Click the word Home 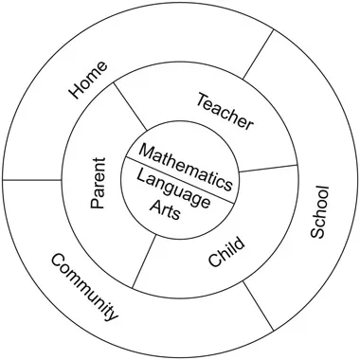(x=89, y=80)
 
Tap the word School (x=319, y=211)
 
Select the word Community (x=84, y=287)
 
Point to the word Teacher (x=225, y=111)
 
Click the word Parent (x=98, y=183)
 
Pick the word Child (x=225, y=253)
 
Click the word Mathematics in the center (x=186, y=164)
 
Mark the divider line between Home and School (x=258, y=54)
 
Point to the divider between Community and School (x=260, y=305)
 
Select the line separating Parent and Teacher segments (x=130, y=107)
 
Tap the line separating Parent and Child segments (x=143, y=261)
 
